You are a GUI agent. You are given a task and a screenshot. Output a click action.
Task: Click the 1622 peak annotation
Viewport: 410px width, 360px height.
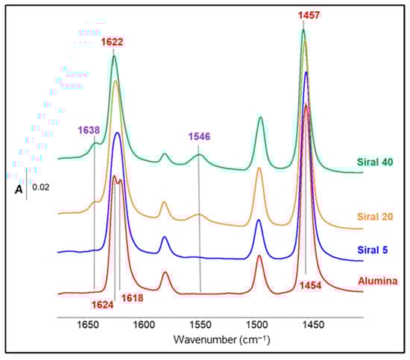[113, 42]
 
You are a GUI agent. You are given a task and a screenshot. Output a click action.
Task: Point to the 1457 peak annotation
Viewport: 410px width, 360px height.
[307, 15]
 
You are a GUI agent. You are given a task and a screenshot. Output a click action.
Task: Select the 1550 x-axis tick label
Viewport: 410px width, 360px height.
[200, 326]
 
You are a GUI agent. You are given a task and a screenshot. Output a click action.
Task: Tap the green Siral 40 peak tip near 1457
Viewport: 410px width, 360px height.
[303, 30]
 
